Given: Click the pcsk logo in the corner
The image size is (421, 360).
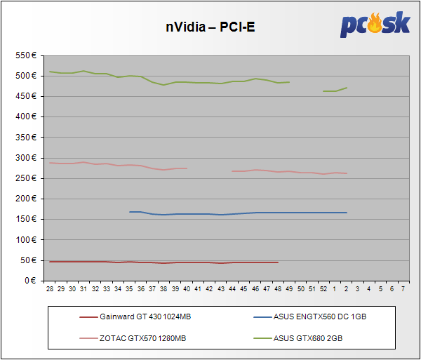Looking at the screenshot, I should pos(375,25).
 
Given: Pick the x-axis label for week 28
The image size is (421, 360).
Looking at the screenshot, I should pos(49,288).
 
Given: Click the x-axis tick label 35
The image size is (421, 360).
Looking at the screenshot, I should pos(129,288).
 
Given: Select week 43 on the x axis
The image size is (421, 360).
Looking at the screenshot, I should pos(220,288).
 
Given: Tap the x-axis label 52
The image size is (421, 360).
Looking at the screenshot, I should pos(323,288).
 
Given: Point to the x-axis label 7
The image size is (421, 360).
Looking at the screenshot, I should pos(403,288).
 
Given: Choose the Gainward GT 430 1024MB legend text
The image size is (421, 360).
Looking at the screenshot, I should pos(145,317).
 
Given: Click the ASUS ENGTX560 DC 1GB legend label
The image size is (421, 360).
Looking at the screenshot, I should pos(320,317).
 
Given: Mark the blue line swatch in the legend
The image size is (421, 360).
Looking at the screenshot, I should pos(262,317).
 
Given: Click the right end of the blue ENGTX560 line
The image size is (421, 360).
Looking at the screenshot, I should pos(347,213).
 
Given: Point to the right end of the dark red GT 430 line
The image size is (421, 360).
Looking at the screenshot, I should pos(278,262).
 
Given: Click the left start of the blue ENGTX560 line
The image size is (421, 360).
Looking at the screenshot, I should pos(130,211).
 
